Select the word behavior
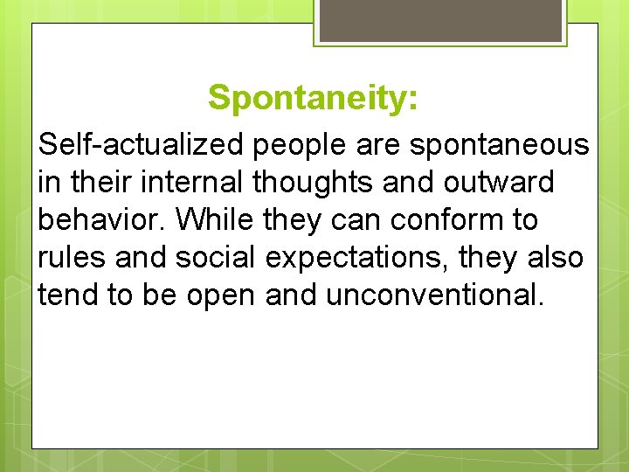point(102,220)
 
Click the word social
point(216,257)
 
